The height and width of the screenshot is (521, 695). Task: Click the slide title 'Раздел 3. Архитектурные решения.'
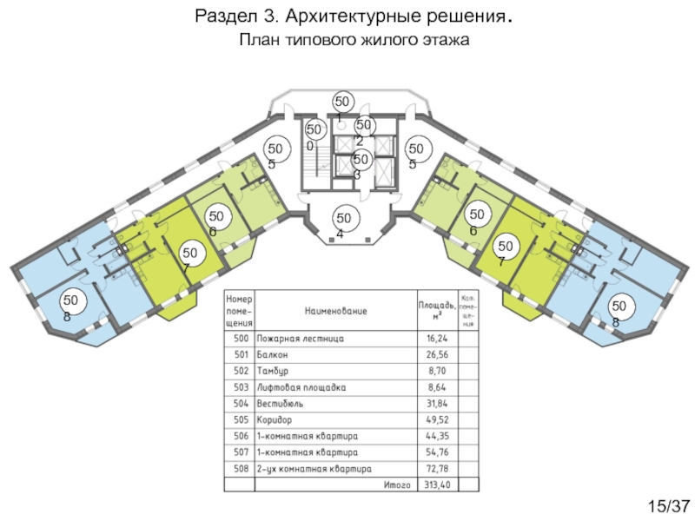(360, 16)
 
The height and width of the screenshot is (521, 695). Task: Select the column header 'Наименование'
(335, 310)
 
